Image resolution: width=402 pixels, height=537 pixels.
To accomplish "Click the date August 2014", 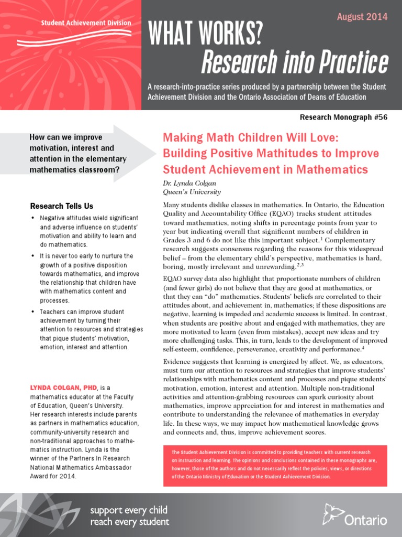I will (x=362, y=17).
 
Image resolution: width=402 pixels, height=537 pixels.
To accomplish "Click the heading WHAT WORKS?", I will (x=205, y=35).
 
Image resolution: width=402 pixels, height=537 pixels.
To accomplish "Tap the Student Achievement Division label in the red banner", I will (x=86, y=23).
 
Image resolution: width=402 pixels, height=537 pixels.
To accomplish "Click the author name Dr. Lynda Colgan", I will (x=189, y=184).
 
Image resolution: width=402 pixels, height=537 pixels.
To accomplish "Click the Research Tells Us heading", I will (x=62, y=206).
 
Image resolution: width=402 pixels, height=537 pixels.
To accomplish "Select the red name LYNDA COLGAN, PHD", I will (x=64, y=387).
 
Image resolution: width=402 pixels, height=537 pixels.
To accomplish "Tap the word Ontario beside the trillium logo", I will (x=366, y=520).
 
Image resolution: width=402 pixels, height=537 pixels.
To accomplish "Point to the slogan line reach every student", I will (x=130, y=522).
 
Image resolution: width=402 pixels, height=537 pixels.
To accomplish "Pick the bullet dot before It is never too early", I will (x=33, y=256).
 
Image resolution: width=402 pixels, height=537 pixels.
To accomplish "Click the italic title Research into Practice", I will (x=295, y=63).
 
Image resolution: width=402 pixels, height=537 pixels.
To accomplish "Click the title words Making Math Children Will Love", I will (x=251, y=138).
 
